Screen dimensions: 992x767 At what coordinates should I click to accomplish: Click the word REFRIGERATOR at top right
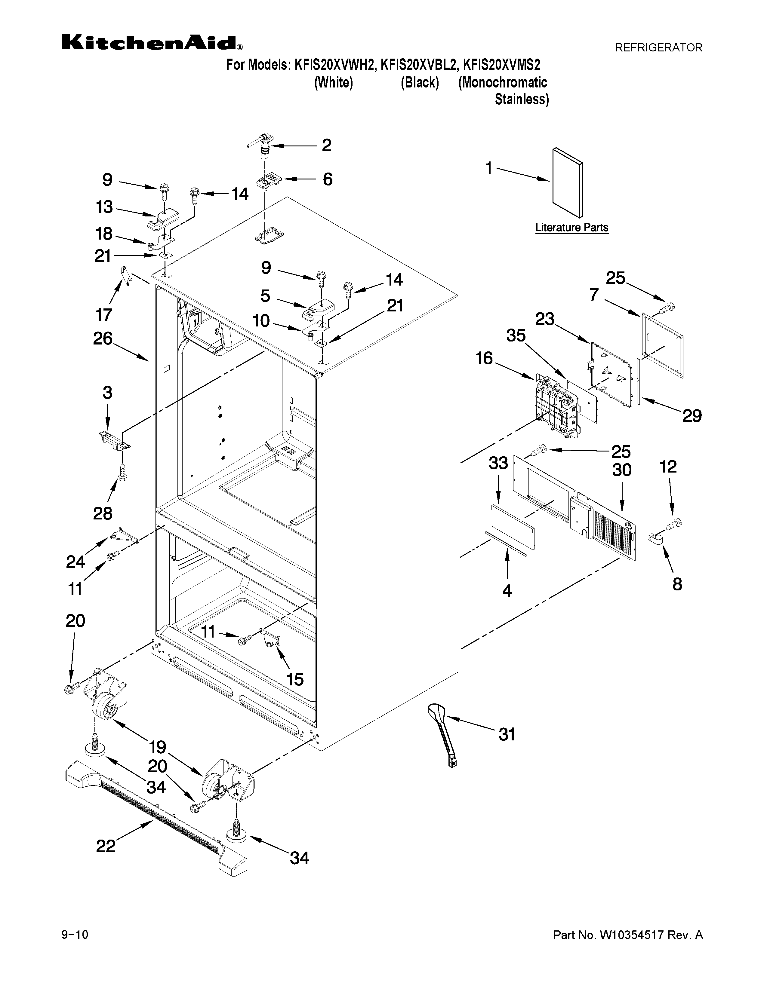coord(658,47)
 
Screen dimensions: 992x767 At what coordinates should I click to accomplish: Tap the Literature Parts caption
coord(571,228)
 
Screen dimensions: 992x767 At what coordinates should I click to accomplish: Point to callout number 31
coord(507,734)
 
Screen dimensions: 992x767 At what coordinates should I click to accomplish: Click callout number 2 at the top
coord(326,145)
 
